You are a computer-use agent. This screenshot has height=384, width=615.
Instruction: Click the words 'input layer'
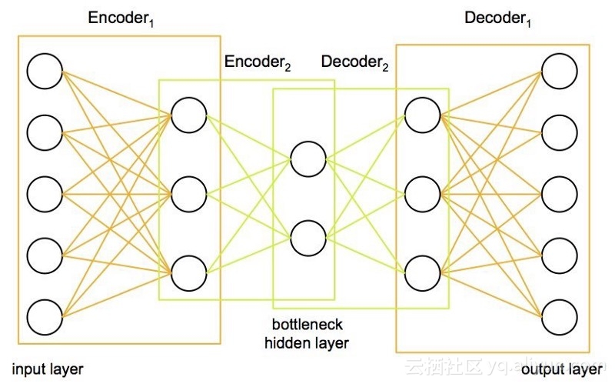[x=48, y=369]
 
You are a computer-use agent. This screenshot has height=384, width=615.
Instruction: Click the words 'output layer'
[x=562, y=370]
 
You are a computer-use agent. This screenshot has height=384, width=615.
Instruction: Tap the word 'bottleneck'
[x=306, y=326]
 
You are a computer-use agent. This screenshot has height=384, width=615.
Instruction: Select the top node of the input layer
[x=45, y=71]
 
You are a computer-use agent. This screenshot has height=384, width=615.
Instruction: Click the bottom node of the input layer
[x=45, y=316]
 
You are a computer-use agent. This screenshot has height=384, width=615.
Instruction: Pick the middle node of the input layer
[x=45, y=193]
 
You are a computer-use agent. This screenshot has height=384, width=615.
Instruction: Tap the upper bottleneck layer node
[x=307, y=159]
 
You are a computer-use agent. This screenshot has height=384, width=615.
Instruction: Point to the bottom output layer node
[x=559, y=316]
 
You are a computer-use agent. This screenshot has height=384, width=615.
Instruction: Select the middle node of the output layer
[x=559, y=193]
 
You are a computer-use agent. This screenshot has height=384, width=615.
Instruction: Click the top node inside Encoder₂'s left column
[x=189, y=115]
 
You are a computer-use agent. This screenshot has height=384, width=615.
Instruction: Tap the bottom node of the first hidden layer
[x=189, y=272]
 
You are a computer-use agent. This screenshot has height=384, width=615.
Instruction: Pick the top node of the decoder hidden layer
[x=422, y=115]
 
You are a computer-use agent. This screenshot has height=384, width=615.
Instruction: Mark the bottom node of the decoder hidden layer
[x=422, y=272]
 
